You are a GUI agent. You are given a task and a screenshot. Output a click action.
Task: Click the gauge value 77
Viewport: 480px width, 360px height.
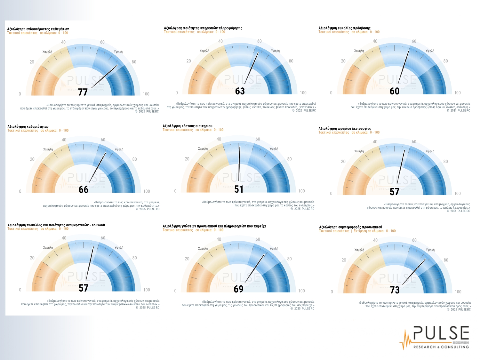pos(83,92)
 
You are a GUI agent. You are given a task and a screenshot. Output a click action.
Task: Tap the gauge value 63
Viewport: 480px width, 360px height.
pos(240,91)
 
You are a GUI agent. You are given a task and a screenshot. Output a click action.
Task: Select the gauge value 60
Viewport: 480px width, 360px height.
pos(395,91)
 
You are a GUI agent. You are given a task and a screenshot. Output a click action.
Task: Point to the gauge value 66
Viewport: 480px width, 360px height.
pos(84,189)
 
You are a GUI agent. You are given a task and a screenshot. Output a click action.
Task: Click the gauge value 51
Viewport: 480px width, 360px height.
pos(239,189)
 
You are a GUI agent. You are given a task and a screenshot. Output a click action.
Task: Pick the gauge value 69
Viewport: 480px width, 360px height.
pos(239,289)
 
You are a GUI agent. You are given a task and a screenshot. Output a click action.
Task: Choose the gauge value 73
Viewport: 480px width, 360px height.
pos(395,290)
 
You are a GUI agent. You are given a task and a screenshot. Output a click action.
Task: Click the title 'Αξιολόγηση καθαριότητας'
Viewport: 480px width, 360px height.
pos(28,127)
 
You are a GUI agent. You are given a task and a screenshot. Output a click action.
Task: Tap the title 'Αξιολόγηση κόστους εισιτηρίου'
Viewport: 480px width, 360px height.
pos(187,126)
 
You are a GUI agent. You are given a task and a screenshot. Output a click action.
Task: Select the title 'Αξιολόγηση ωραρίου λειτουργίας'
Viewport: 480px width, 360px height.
pos(345,129)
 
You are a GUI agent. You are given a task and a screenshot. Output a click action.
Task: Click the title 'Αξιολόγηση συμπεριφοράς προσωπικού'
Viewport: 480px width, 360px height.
pos(350,227)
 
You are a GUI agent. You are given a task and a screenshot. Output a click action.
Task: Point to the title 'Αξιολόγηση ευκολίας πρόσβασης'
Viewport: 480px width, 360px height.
pos(344,28)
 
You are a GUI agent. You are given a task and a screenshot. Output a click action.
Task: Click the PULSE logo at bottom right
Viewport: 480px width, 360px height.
pos(435,338)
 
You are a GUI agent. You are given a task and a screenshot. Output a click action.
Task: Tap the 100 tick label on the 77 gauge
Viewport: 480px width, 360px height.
pos(146,94)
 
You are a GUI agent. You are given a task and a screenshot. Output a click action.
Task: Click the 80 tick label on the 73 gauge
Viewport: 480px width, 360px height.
pos(446,260)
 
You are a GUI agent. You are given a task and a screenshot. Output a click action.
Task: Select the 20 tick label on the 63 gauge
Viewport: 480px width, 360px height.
pos(188,61)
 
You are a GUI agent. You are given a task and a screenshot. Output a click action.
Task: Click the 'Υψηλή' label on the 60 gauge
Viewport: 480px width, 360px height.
pos(430,51)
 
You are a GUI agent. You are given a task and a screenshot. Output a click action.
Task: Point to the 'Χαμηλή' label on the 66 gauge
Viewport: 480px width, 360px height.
pos(48,149)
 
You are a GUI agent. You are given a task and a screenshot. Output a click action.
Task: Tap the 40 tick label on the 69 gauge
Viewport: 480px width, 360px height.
pos(219,239)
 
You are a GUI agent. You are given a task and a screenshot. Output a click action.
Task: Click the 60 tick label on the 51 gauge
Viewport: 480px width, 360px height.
pos(258,139)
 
